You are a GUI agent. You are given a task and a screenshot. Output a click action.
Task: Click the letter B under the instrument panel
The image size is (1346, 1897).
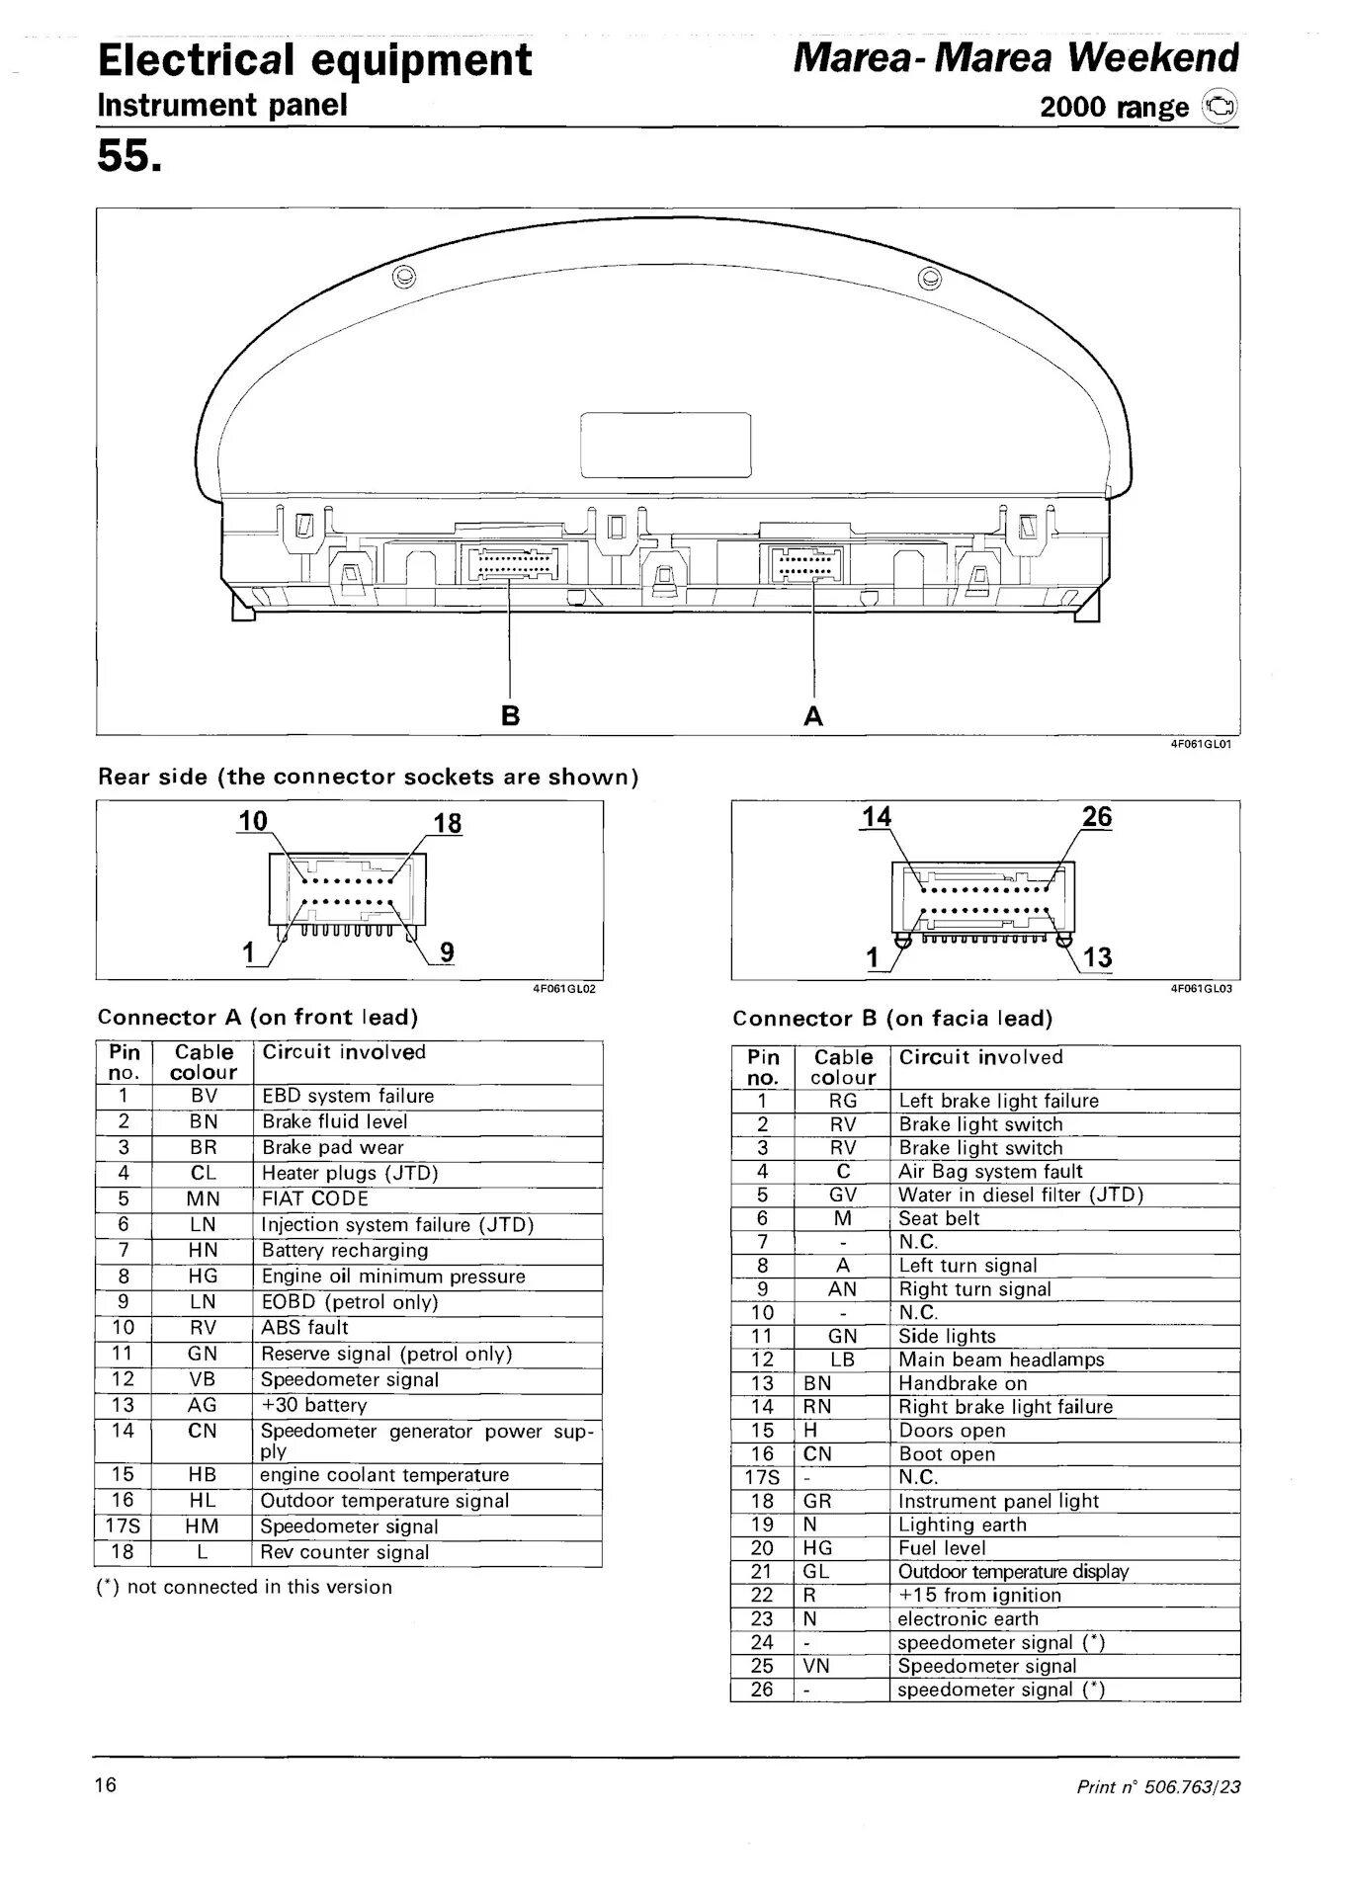510,714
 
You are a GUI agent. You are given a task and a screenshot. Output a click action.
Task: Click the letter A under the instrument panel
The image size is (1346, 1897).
813,714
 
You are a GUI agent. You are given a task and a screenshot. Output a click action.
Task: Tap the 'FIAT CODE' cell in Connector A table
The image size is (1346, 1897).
314,1198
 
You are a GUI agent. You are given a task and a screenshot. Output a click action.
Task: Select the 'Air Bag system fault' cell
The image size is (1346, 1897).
990,1171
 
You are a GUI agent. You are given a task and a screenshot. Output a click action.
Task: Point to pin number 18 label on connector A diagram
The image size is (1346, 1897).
448,824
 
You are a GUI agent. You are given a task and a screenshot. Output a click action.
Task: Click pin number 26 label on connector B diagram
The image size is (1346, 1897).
1097,817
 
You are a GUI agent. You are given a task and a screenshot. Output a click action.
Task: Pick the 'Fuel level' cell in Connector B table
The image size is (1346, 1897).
942,1547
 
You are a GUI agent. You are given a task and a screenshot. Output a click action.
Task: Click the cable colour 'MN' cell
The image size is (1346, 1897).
203,1198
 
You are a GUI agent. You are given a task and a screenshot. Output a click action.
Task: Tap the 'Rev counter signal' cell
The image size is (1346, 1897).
344,1552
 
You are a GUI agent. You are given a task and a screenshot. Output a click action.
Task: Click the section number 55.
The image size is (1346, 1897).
128,155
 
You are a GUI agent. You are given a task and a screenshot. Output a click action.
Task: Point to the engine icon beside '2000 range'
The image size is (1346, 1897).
1220,107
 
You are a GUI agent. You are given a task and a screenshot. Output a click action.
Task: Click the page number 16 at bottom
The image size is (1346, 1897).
106,1784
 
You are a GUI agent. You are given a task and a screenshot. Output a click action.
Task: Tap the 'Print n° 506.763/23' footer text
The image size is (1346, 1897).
1158,1786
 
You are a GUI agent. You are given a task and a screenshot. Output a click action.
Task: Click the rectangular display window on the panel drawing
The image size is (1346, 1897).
665,445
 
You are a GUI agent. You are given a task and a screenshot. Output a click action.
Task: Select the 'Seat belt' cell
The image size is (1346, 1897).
939,1218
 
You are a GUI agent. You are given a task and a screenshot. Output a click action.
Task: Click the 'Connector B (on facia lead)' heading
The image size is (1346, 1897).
892,1018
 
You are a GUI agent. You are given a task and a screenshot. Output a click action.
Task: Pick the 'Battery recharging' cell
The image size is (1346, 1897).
344,1250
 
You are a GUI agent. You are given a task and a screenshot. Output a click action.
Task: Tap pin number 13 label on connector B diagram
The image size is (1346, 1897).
1097,956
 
